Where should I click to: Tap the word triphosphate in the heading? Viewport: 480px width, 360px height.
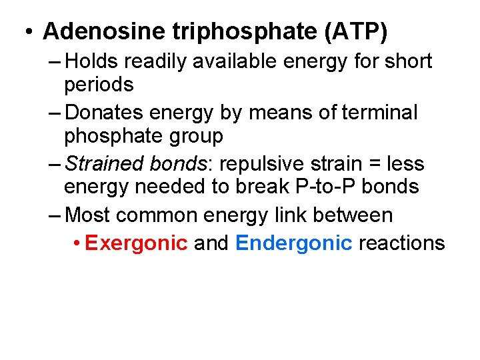(250, 31)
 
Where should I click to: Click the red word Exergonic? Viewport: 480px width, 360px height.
(136, 243)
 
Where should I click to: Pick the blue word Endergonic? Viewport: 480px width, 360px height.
(293, 243)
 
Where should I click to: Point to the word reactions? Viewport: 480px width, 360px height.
(401, 243)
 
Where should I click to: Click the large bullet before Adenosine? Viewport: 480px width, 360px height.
(29, 31)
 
